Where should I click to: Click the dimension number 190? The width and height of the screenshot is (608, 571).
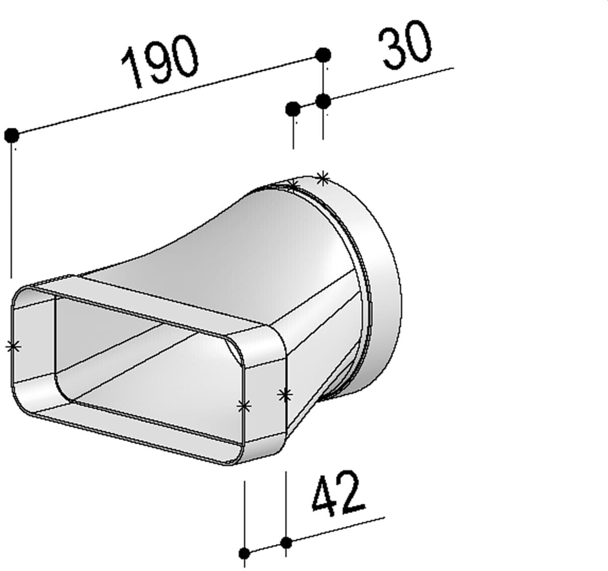click(160, 63)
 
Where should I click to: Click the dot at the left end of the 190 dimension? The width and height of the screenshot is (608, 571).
click(12, 135)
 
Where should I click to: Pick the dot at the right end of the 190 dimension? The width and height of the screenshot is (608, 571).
click(323, 55)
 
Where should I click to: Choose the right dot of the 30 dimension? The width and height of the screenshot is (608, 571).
click(323, 101)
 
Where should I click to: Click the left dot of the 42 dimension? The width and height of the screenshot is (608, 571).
click(245, 553)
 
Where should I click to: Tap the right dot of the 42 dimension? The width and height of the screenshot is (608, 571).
click(286, 542)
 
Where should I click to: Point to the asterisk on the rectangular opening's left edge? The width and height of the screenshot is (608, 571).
click(14, 346)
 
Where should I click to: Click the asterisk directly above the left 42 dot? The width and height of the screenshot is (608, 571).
click(244, 406)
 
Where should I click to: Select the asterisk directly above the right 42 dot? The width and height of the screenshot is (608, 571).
click(285, 395)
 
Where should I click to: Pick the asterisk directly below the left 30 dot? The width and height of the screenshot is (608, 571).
click(293, 186)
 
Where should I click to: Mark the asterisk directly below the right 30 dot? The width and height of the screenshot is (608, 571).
click(323, 177)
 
